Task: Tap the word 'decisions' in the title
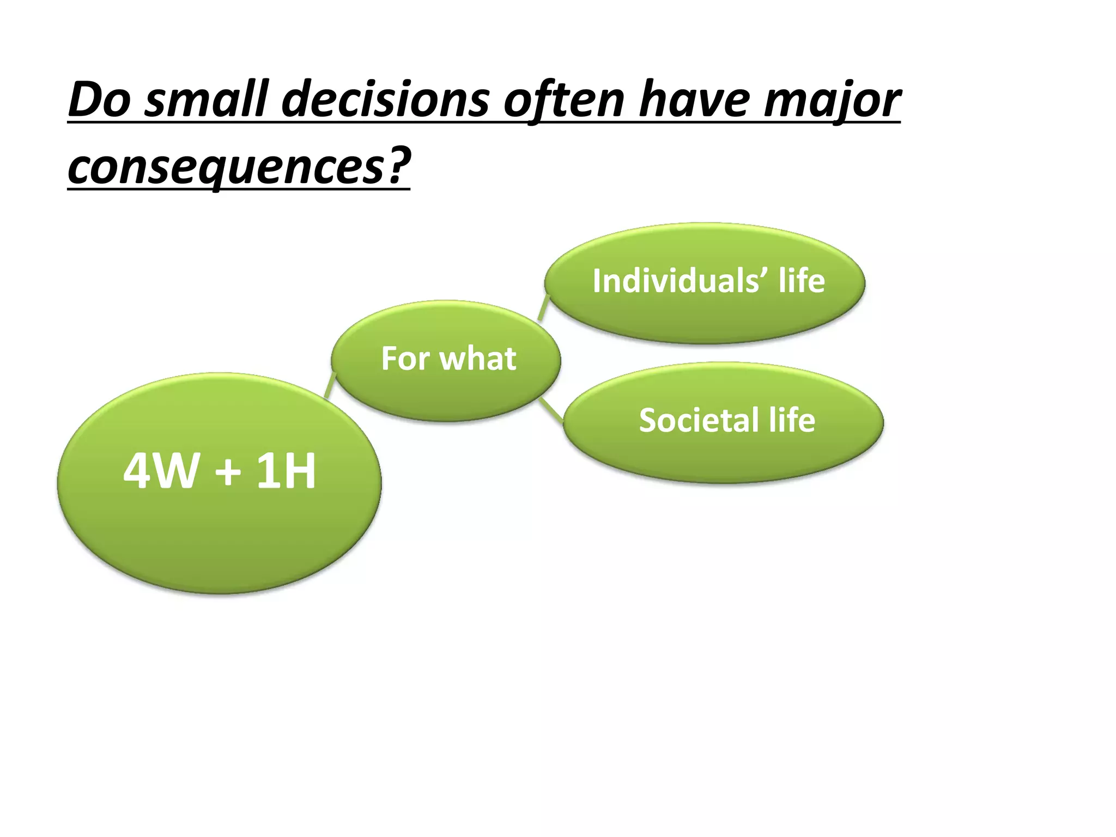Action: pos(386,100)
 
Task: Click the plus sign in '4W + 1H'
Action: pos(228,472)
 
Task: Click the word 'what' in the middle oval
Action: pos(478,359)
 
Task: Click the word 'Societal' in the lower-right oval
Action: pos(699,420)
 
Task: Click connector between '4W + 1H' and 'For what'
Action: pos(330,386)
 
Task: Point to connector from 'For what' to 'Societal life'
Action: pos(552,410)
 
